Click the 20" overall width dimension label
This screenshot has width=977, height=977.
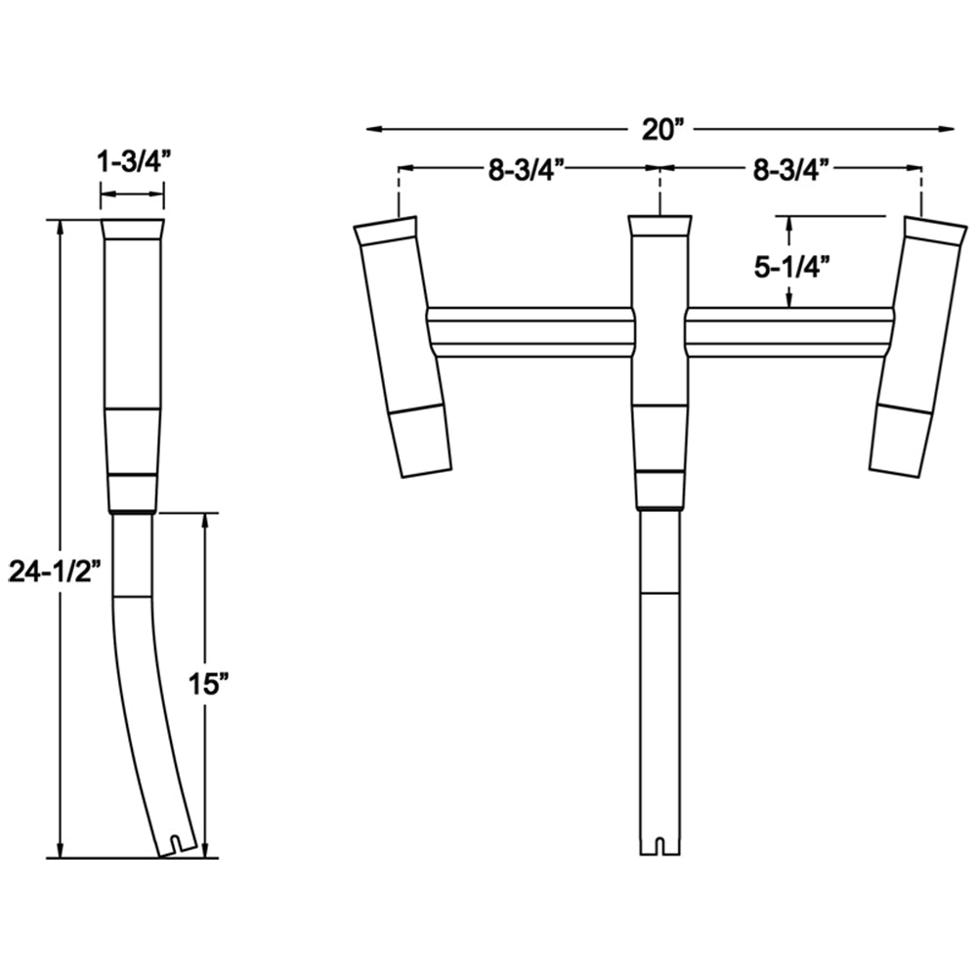(x=660, y=129)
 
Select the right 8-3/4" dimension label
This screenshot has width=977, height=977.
(x=791, y=169)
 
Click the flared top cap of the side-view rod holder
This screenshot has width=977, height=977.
(x=133, y=231)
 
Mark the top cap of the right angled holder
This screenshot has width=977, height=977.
(x=934, y=231)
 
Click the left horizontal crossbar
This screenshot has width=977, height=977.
(x=531, y=331)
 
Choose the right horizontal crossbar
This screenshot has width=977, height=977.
(x=789, y=331)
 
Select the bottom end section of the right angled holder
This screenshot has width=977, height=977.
(x=900, y=442)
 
